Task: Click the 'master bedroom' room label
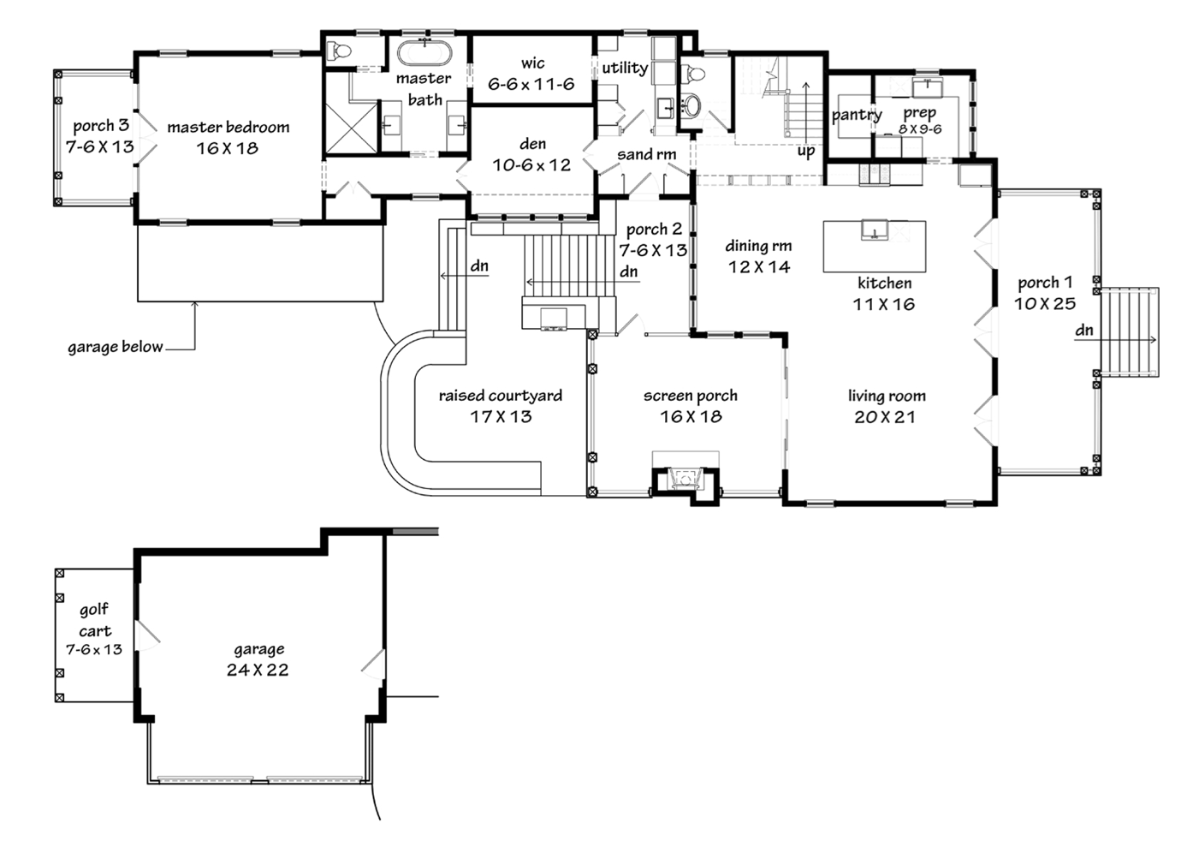coord(228,128)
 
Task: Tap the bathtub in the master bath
coord(424,52)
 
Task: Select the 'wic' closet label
coord(532,63)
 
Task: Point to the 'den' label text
coord(532,144)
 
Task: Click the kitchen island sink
coord(874,230)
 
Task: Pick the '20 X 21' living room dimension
coord(885,417)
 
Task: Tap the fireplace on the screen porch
coord(686,478)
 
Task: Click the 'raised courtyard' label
coord(501,396)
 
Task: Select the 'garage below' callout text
coord(115,347)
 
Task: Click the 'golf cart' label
coord(94,620)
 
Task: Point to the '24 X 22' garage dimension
coord(258,671)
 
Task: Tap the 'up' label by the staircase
coord(806,152)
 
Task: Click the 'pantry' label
coord(857,115)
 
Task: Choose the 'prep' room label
coord(919,112)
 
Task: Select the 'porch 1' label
coord(1045,283)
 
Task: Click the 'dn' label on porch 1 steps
coord(1084,330)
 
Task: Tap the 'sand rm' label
coord(646,155)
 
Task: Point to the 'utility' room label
coord(624,68)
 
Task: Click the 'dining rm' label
coord(758,246)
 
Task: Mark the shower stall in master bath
coord(351,128)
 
